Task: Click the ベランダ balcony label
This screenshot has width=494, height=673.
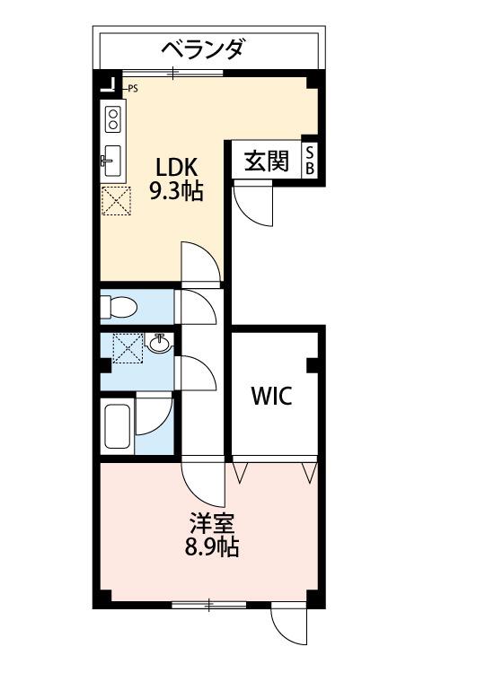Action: pos(202,48)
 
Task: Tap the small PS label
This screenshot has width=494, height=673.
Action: pos(133,89)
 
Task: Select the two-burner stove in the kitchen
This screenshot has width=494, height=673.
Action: pos(113,118)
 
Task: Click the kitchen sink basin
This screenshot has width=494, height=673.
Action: pos(112,161)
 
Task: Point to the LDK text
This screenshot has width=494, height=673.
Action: pos(176,168)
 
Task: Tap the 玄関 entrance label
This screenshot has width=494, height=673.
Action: pos(267,162)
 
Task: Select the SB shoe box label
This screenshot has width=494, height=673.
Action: pos(310,160)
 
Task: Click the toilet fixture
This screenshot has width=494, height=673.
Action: pos(119,307)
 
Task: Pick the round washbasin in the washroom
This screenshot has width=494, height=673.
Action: pos(159,344)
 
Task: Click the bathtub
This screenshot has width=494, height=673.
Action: pos(118,426)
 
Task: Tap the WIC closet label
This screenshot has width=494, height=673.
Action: pos(271,396)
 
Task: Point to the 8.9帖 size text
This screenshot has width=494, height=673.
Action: pos(212,546)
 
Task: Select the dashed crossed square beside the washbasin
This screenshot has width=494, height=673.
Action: pos(128,348)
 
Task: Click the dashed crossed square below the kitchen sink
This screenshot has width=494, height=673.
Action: pos(117,201)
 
